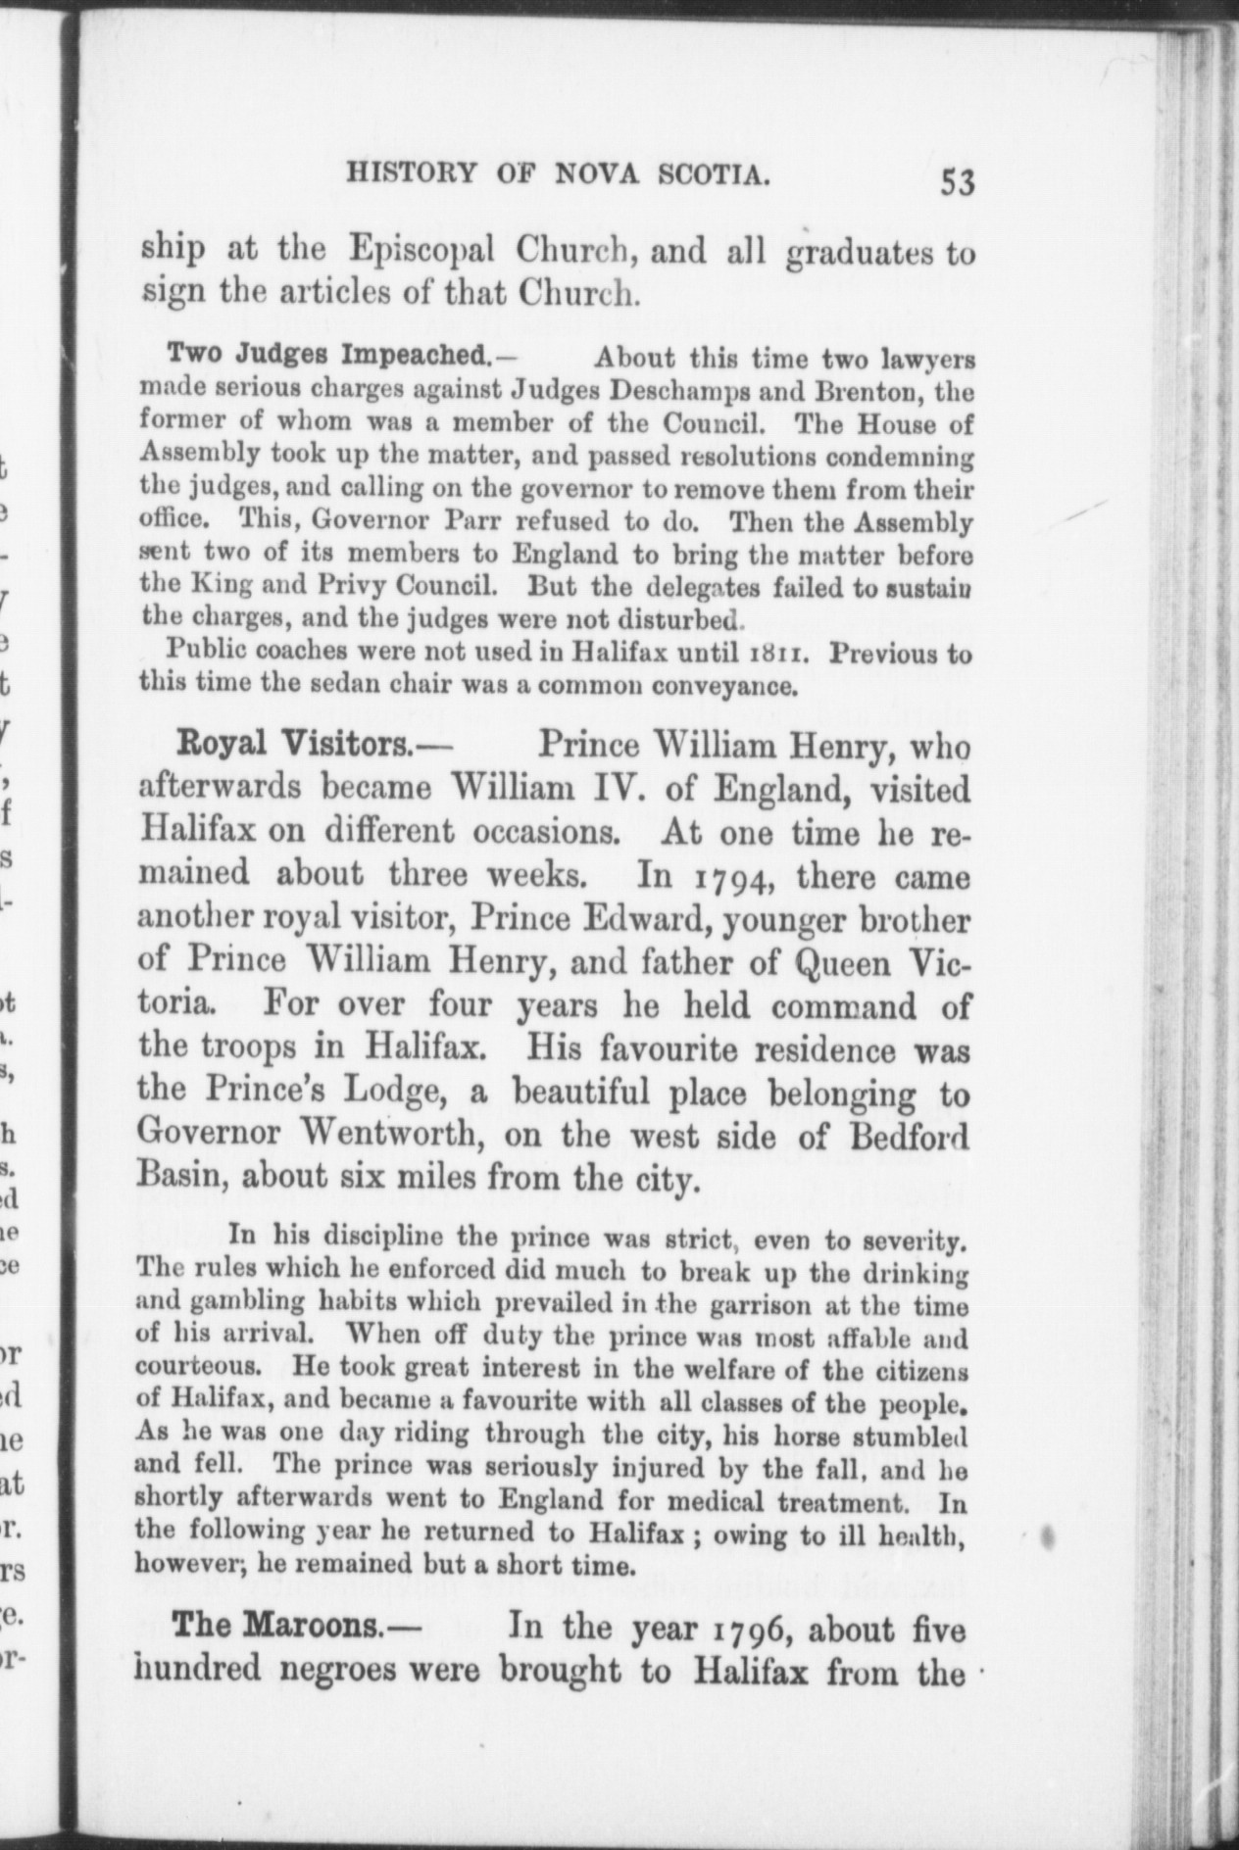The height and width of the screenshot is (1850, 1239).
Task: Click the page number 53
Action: click(957, 182)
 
